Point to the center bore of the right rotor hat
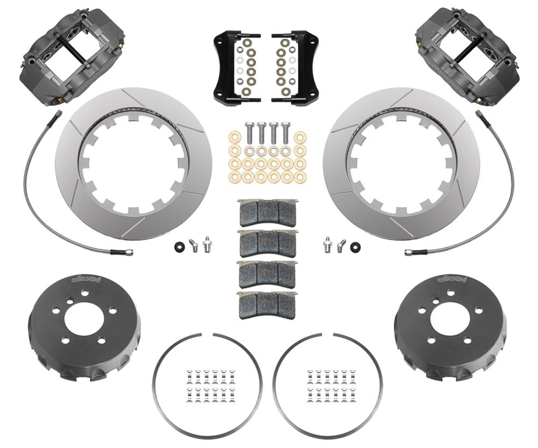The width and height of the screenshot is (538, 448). [x=450, y=317]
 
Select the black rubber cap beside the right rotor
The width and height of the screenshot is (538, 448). [x=355, y=247]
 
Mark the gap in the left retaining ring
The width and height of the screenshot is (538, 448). [x=207, y=335]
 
